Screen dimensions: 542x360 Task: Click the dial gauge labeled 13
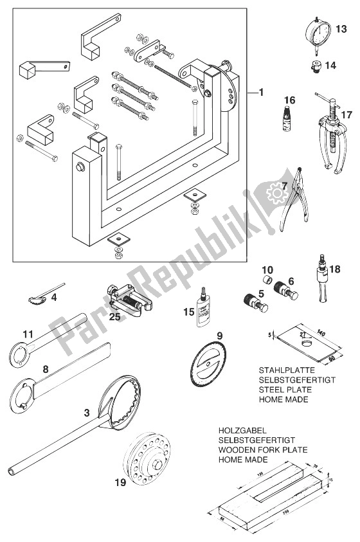pos(316,31)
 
